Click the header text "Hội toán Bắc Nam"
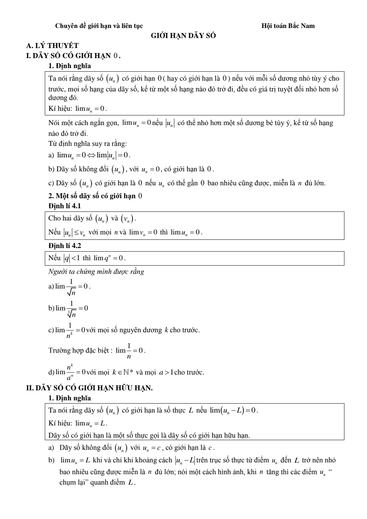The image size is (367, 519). (288, 26)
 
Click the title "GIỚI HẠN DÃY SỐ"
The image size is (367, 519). (183, 36)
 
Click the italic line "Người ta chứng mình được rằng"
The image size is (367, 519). (96, 271)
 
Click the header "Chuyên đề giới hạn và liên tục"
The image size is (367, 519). (99, 26)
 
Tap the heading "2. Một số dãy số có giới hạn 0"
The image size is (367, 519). (95, 196)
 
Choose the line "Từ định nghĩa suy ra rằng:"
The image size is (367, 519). (87, 144)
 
